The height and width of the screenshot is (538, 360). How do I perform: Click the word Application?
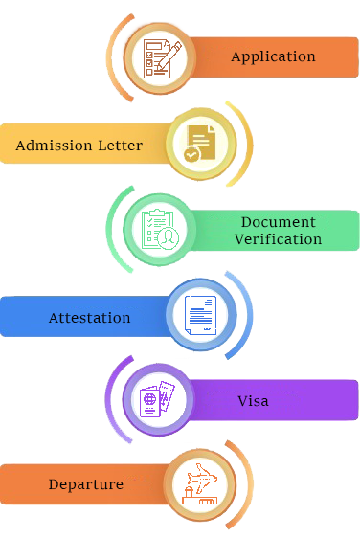click(x=273, y=56)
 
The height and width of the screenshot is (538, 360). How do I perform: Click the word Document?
click(x=278, y=222)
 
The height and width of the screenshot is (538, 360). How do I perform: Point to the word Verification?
click(x=278, y=239)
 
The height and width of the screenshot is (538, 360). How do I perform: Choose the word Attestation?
click(x=89, y=317)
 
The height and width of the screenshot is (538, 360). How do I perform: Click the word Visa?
click(x=253, y=400)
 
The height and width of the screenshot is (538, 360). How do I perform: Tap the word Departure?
click(x=85, y=484)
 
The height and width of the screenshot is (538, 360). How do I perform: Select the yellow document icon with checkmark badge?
click(x=199, y=143)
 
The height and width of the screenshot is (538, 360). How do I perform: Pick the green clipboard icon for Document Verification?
click(x=160, y=230)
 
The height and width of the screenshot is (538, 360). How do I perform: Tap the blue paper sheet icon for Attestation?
click(x=200, y=315)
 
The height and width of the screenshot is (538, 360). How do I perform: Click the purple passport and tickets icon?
click(x=159, y=399)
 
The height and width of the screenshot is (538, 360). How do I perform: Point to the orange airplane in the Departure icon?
click(x=204, y=476)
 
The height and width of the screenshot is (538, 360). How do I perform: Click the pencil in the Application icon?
click(x=169, y=55)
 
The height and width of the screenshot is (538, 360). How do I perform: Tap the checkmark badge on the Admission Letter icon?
click(x=191, y=154)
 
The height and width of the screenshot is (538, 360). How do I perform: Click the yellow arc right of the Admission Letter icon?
click(x=247, y=144)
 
